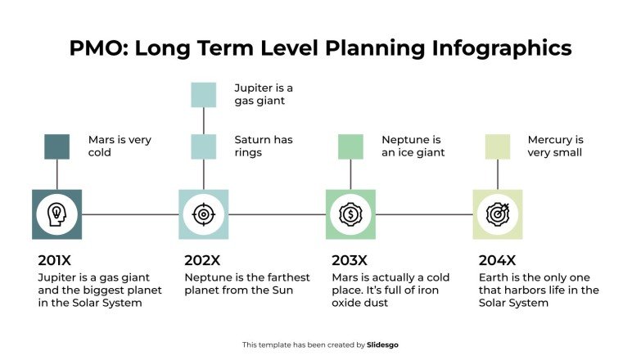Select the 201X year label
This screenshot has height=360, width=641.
click(x=55, y=261)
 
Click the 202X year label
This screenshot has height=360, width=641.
click(x=202, y=261)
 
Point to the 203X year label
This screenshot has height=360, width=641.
click(x=350, y=261)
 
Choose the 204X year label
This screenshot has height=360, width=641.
click(x=497, y=261)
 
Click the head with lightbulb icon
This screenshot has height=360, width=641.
click(x=56, y=214)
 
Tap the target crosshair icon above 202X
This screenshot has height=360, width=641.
click(x=203, y=214)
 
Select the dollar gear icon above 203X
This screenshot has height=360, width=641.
click(x=350, y=214)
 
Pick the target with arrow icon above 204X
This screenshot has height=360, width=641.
click(x=498, y=214)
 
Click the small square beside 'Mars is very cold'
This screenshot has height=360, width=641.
click(x=56, y=146)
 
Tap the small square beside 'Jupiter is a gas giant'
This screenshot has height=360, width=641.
click(x=203, y=95)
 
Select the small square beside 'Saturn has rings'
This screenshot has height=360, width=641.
click(x=203, y=146)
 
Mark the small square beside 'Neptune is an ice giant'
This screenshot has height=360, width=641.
click(x=350, y=146)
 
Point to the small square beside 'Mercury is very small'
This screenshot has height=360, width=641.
click(x=498, y=146)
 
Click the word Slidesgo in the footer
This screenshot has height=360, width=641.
click(x=384, y=345)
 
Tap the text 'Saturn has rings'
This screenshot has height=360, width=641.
click(x=263, y=146)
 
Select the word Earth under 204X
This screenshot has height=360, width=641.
click(x=494, y=277)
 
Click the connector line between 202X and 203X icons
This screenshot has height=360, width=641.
click(x=277, y=214)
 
